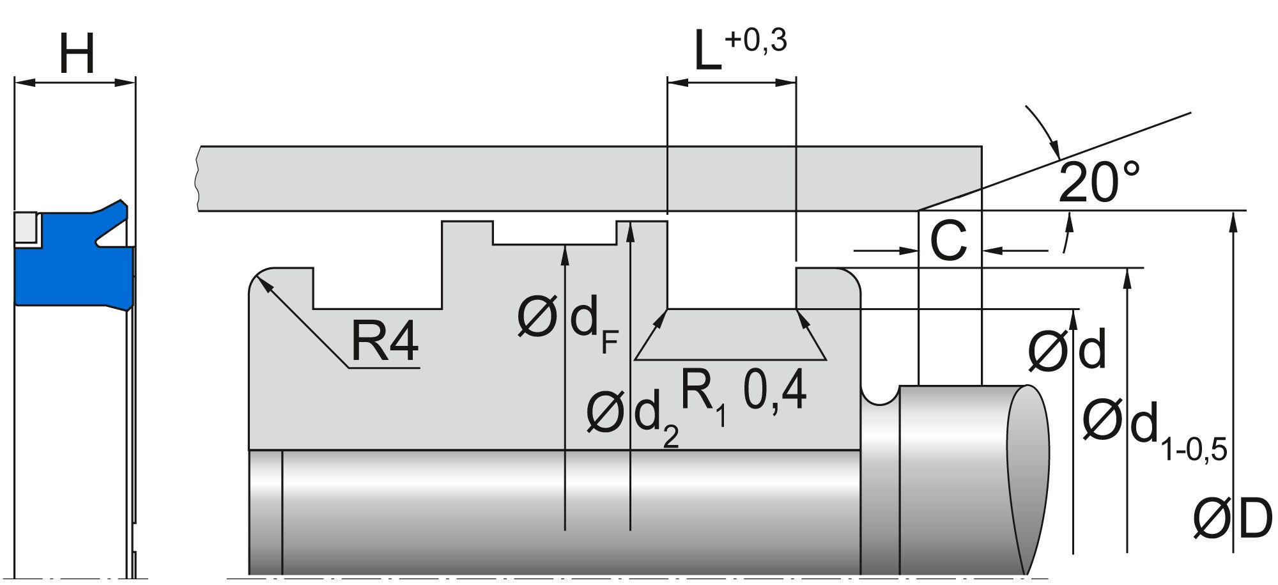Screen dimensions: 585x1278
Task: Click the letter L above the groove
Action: [707, 52]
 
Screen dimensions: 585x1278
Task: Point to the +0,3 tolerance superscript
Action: [757, 40]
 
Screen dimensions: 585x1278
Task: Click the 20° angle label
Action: [1098, 182]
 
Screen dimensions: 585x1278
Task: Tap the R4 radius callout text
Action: [384, 341]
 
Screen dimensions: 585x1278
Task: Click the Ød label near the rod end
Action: [1066, 350]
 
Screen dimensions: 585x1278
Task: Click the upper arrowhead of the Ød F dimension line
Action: [565, 253]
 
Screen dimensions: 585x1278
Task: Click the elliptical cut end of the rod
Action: [1027, 480]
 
